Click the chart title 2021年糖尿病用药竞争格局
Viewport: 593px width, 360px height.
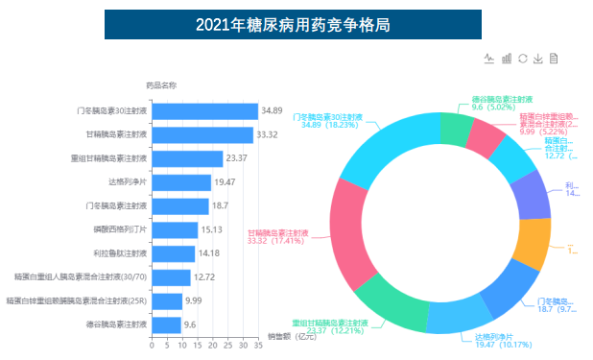293,24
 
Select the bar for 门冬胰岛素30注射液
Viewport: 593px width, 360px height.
204,111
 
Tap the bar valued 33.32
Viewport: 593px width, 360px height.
202,135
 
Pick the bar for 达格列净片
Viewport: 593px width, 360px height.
180,182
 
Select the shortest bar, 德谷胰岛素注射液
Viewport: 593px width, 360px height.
166,324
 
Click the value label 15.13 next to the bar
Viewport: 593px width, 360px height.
212,229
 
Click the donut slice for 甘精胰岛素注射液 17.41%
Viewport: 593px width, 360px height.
349,232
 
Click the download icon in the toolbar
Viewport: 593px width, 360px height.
538,59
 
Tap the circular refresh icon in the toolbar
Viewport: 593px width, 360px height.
522,59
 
